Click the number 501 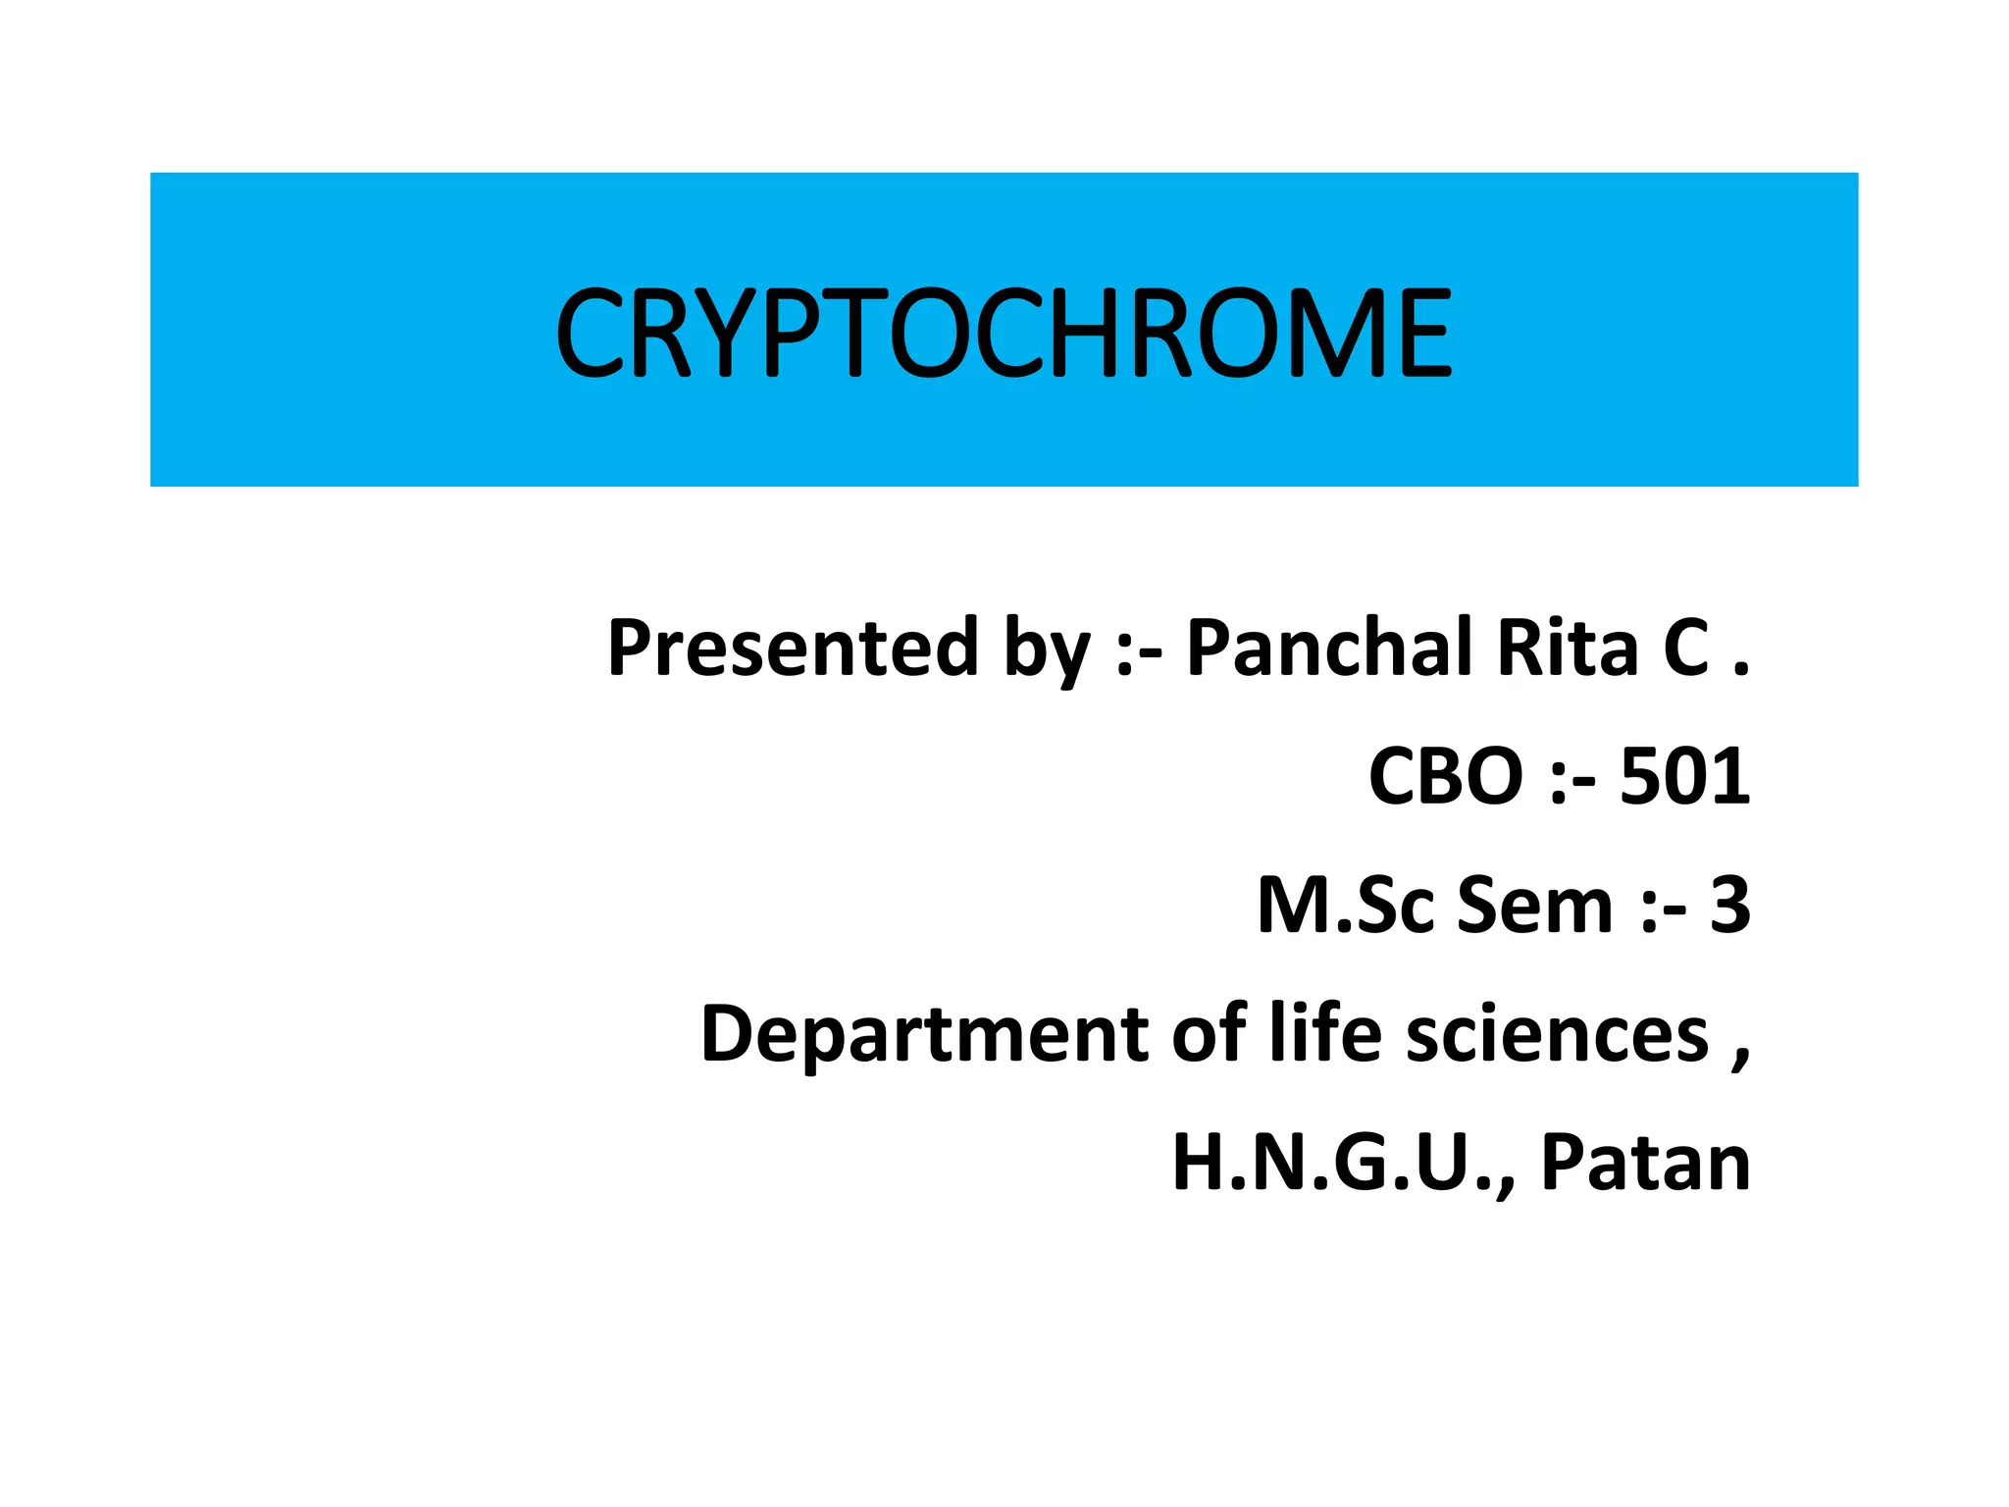tap(1684, 776)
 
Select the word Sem tap(1534, 905)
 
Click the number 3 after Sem tap(1729, 905)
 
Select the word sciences tap(1558, 1035)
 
